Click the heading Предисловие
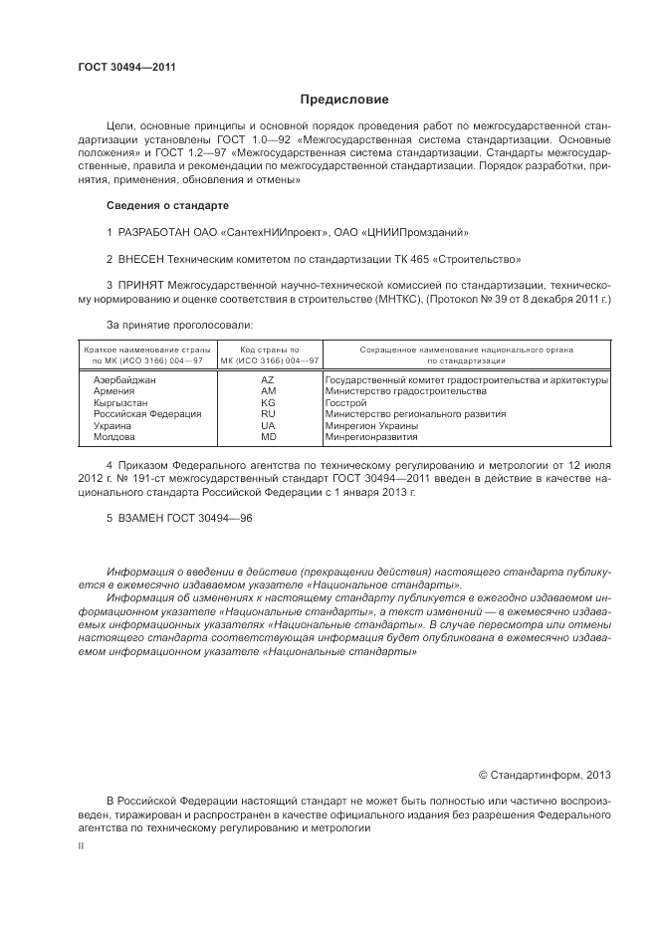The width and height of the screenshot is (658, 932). pos(344,100)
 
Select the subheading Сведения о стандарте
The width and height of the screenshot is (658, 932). pos(167,205)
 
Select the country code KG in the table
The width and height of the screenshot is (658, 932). pos(268,403)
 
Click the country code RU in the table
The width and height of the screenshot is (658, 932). pos(268,414)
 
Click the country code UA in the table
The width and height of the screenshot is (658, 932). pos(268,425)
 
